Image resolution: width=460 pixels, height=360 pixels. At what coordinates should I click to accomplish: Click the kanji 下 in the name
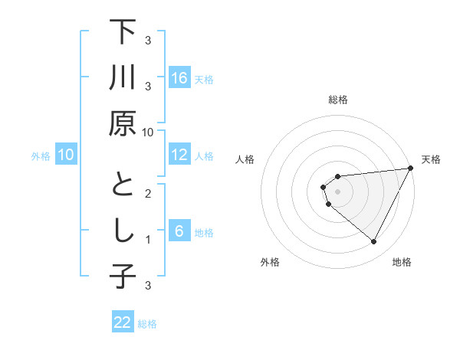[123, 34]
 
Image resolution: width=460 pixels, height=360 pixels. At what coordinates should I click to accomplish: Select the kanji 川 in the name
[123, 80]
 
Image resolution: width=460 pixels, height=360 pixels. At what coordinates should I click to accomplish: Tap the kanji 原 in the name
[123, 124]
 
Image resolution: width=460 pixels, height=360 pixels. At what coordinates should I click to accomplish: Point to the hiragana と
[123, 186]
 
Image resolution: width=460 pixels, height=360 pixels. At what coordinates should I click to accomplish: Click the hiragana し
[123, 232]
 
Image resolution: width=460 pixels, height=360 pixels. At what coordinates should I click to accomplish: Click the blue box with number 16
[179, 78]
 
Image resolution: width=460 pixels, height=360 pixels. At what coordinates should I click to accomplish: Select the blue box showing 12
[179, 155]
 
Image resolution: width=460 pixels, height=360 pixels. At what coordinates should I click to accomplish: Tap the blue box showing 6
[179, 231]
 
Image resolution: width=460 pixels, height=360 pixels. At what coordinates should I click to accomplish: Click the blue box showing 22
[123, 322]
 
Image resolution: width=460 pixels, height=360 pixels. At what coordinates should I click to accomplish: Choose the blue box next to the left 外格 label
[66, 155]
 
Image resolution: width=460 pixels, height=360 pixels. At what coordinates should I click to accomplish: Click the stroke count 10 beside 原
[148, 133]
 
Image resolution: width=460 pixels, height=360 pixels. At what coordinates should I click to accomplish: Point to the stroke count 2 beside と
[148, 194]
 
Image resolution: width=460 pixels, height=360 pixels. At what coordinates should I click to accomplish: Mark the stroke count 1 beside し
[148, 240]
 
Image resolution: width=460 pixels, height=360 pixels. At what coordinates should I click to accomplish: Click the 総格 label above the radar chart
[337, 100]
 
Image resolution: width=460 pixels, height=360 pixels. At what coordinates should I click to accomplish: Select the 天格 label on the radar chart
[431, 160]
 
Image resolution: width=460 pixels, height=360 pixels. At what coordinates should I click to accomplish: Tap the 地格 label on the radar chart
[402, 263]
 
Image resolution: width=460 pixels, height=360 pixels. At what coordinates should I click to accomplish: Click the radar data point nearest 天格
[411, 169]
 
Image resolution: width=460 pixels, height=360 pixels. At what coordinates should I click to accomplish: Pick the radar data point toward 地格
[373, 242]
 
